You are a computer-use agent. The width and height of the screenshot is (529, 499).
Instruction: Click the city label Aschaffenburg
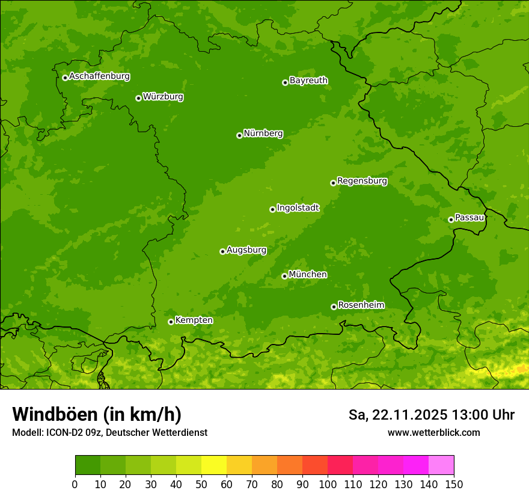(x=99, y=76)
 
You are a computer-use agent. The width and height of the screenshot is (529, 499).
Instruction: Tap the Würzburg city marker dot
(x=138, y=98)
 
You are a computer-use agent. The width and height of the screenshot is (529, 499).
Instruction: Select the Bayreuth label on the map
(x=308, y=81)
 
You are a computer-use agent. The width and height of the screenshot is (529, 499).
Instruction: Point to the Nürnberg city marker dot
(x=239, y=135)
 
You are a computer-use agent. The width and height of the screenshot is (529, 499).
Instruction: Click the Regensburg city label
(x=362, y=181)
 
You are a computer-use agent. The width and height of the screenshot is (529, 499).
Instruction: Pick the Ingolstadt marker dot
(x=272, y=209)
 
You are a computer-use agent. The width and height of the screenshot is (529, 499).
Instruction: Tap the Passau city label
(x=469, y=218)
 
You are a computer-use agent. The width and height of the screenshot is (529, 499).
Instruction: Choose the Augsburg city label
(x=246, y=250)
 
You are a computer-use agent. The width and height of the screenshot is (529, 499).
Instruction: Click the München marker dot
(x=284, y=276)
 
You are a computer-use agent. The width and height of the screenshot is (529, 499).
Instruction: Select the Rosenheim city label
(x=361, y=305)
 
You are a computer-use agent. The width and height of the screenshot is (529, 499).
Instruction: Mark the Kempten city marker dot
(x=171, y=322)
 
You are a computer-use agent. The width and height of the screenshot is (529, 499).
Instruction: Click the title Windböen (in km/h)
(x=96, y=415)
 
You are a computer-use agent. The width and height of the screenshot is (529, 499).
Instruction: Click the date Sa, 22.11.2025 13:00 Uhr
(x=431, y=415)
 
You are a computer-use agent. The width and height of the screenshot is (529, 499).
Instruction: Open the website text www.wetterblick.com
(x=433, y=433)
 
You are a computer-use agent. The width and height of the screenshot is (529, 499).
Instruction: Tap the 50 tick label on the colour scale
(x=201, y=484)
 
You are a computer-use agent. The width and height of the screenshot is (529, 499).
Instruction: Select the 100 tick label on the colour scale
(x=328, y=484)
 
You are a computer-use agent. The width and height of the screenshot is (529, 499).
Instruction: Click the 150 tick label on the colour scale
(x=454, y=484)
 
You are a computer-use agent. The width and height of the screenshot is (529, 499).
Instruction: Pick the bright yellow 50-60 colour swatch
(x=214, y=465)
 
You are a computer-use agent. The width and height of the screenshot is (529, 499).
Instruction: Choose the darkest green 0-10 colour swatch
(x=88, y=465)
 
